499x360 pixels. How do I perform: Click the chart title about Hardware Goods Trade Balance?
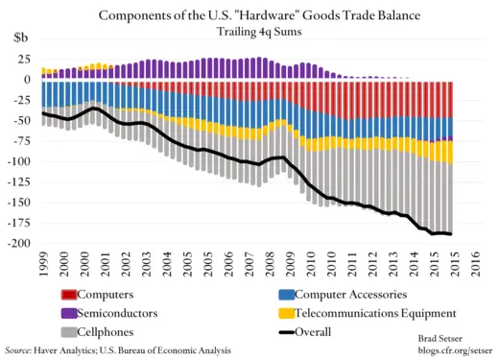(250, 13)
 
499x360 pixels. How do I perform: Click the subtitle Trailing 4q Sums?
(250, 30)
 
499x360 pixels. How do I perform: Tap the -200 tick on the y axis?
(18, 244)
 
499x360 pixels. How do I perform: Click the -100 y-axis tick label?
(18, 161)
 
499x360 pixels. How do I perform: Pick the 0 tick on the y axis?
(27, 80)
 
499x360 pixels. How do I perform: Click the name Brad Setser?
(445, 340)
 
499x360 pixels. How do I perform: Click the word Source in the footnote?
(20, 351)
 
